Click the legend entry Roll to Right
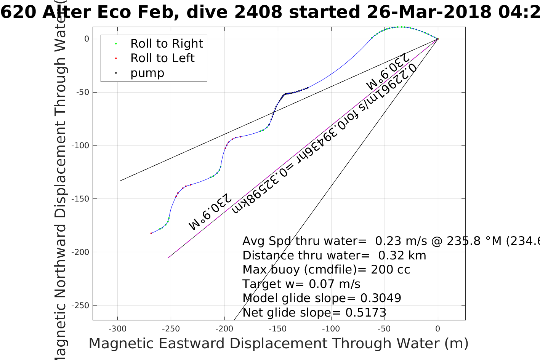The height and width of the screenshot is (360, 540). tap(166, 44)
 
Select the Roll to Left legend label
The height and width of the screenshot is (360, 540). tap(162, 58)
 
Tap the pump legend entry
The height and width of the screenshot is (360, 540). tap(147, 73)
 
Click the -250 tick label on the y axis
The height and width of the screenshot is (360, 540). tap(82, 306)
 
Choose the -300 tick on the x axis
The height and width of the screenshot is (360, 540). tap(117, 329)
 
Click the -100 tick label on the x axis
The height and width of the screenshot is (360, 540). tap(331, 329)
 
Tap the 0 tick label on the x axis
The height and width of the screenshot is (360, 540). tap(437, 329)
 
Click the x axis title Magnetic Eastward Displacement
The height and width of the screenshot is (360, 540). tap(278, 344)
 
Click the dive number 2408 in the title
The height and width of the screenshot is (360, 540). tap(258, 12)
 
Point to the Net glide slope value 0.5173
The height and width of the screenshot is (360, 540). tap(366, 313)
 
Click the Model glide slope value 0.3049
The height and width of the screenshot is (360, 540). tap(381, 298)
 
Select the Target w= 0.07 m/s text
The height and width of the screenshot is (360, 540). tap(301, 284)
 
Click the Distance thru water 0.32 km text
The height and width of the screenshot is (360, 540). tap(334, 256)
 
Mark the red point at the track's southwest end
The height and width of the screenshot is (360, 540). tap(151, 233)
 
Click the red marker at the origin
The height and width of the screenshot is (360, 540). tap(437, 39)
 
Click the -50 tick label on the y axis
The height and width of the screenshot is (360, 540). tap(82, 92)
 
